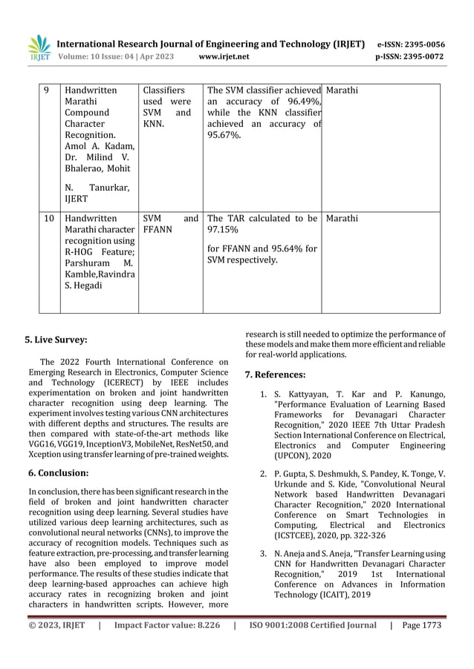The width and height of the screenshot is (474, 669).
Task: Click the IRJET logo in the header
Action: [x=39, y=47]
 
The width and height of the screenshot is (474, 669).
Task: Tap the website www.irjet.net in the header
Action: [x=224, y=56]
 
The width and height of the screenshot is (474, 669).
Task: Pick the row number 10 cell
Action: [x=49, y=219]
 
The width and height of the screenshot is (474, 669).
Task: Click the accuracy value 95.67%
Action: [x=224, y=136]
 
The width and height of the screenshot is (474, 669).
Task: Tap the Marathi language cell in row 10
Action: [x=342, y=219]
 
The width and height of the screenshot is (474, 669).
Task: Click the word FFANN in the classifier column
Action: [x=158, y=230]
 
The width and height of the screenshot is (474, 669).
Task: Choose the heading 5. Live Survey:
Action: [x=56, y=340]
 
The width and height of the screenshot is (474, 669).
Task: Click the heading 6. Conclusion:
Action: [x=57, y=472]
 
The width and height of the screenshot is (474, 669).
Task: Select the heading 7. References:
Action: [x=276, y=375]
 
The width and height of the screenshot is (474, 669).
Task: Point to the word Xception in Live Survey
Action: [x=43, y=454]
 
